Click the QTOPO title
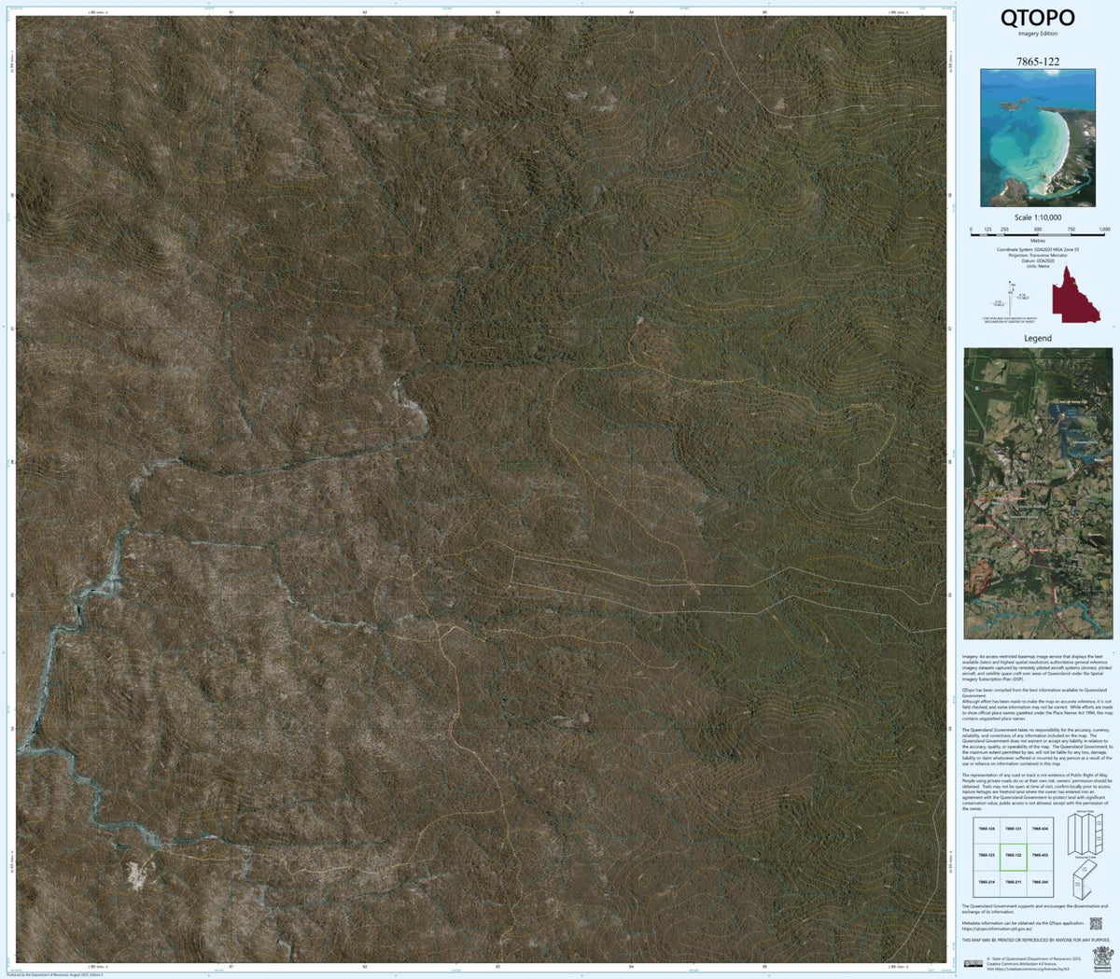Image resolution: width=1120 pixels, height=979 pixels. pyautogui.click(x=1037, y=18)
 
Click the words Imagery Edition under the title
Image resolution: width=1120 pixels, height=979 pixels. pyautogui.click(x=1037, y=34)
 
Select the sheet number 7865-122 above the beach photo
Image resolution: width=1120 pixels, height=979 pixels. pyautogui.click(x=1037, y=62)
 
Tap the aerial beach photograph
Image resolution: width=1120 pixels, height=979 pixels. pyautogui.click(x=1037, y=137)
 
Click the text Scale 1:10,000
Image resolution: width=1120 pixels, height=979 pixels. pyautogui.click(x=1037, y=217)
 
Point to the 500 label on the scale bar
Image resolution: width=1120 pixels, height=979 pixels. pyautogui.click(x=1037, y=230)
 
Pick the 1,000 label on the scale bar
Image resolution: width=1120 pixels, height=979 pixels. pyautogui.click(x=1103, y=230)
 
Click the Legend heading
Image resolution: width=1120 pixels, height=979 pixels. pyautogui.click(x=1037, y=338)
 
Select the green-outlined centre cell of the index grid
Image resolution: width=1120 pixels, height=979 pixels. pyautogui.click(x=1014, y=855)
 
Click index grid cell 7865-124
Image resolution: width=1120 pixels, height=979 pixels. pyautogui.click(x=987, y=828)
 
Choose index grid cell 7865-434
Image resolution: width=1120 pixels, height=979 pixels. pyautogui.click(x=1040, y=828)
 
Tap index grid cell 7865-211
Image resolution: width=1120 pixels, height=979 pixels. pyautogui.click(x=1014, y=882)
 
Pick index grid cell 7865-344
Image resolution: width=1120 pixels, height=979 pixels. pyautogui.click(x=1040, y=882)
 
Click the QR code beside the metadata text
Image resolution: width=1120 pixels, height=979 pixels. pyautogui.click(x=1096, y=924)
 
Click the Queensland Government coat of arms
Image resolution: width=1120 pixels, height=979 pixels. pyautogui.click(x=1101, y=957)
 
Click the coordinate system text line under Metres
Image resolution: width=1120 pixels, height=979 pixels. pyautogui.click(x=1037, y=249)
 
